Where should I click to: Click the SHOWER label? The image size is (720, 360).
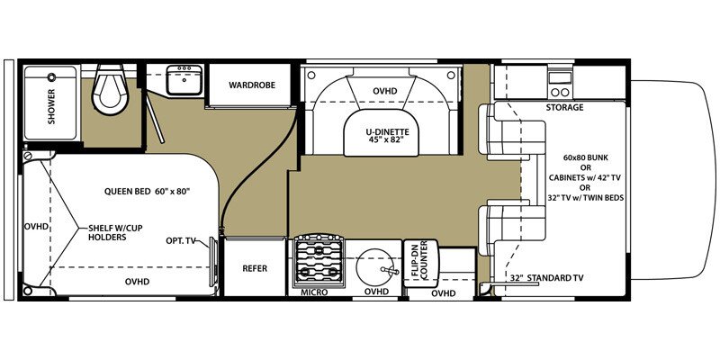click(51, 106)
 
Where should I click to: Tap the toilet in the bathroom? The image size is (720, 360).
click(110, 89)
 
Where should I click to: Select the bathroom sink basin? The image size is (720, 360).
click(184, 80)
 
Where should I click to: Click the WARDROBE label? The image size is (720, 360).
click(252, 85)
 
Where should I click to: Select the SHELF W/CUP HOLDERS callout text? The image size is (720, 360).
click(108, 232)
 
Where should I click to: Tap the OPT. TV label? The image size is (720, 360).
click(180, 240)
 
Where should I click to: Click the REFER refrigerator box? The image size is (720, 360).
click(255, 268)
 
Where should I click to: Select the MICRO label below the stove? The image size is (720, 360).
click(314, 292)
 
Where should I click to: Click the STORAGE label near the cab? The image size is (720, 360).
click(564, 108)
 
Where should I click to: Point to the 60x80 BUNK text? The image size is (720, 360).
click(586, 157)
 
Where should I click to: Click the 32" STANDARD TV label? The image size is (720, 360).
click(547, 278)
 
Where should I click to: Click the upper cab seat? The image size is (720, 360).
click(511, 130)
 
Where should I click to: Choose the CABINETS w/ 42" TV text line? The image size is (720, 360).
click(584, 177)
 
